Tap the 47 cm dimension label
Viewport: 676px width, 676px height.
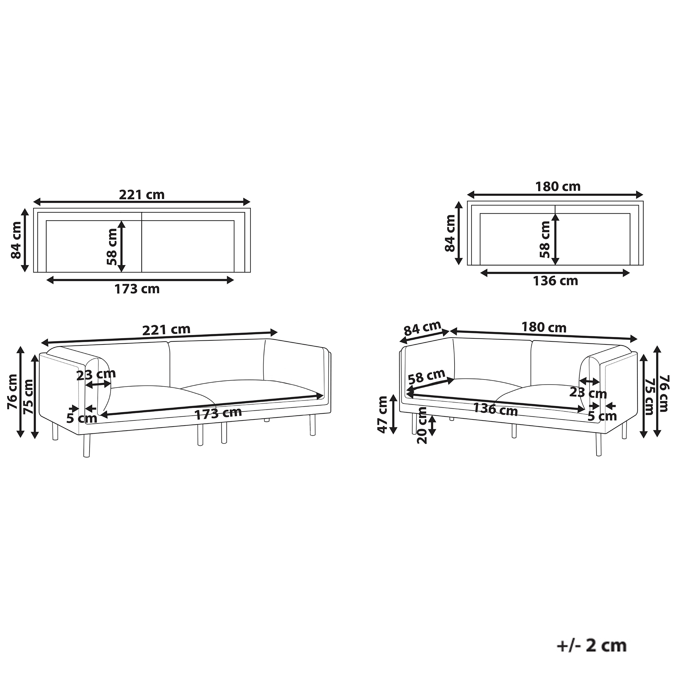[x=384, y=415]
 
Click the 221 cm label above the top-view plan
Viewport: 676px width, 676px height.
[x=142, y=195]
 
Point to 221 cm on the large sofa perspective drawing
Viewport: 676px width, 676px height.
[x=166, y=330]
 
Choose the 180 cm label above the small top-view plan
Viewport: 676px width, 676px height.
[x=558, y=187]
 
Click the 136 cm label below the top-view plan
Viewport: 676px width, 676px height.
[x=555, y=281]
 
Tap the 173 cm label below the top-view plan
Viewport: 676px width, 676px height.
[x=137, y=289]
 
